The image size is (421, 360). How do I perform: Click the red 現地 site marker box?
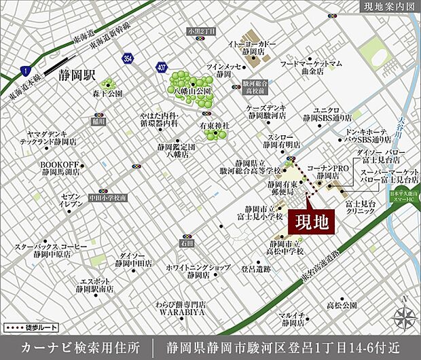[313, 222]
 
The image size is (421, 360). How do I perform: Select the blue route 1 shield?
[24, 70]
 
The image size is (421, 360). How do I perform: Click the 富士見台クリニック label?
[361, 207]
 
